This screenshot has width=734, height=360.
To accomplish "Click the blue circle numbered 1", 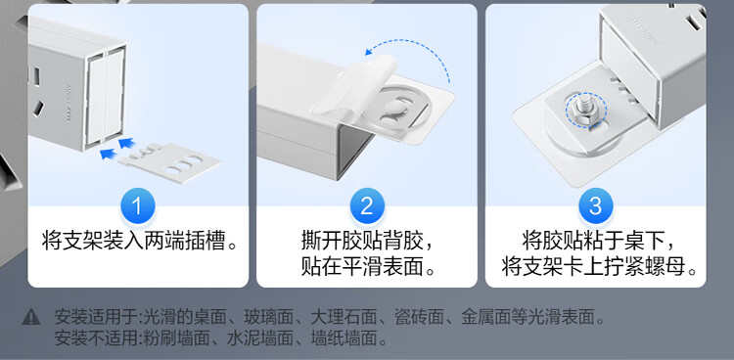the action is pos(138,206).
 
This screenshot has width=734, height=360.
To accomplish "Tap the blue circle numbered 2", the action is pos(367,206).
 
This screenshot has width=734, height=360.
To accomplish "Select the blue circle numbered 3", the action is pos(595,206).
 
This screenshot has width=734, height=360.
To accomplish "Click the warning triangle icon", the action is pos(31,317).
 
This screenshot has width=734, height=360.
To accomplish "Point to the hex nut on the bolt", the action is pos(584,112).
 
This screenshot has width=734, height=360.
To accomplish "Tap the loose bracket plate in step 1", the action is pos(169,161).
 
